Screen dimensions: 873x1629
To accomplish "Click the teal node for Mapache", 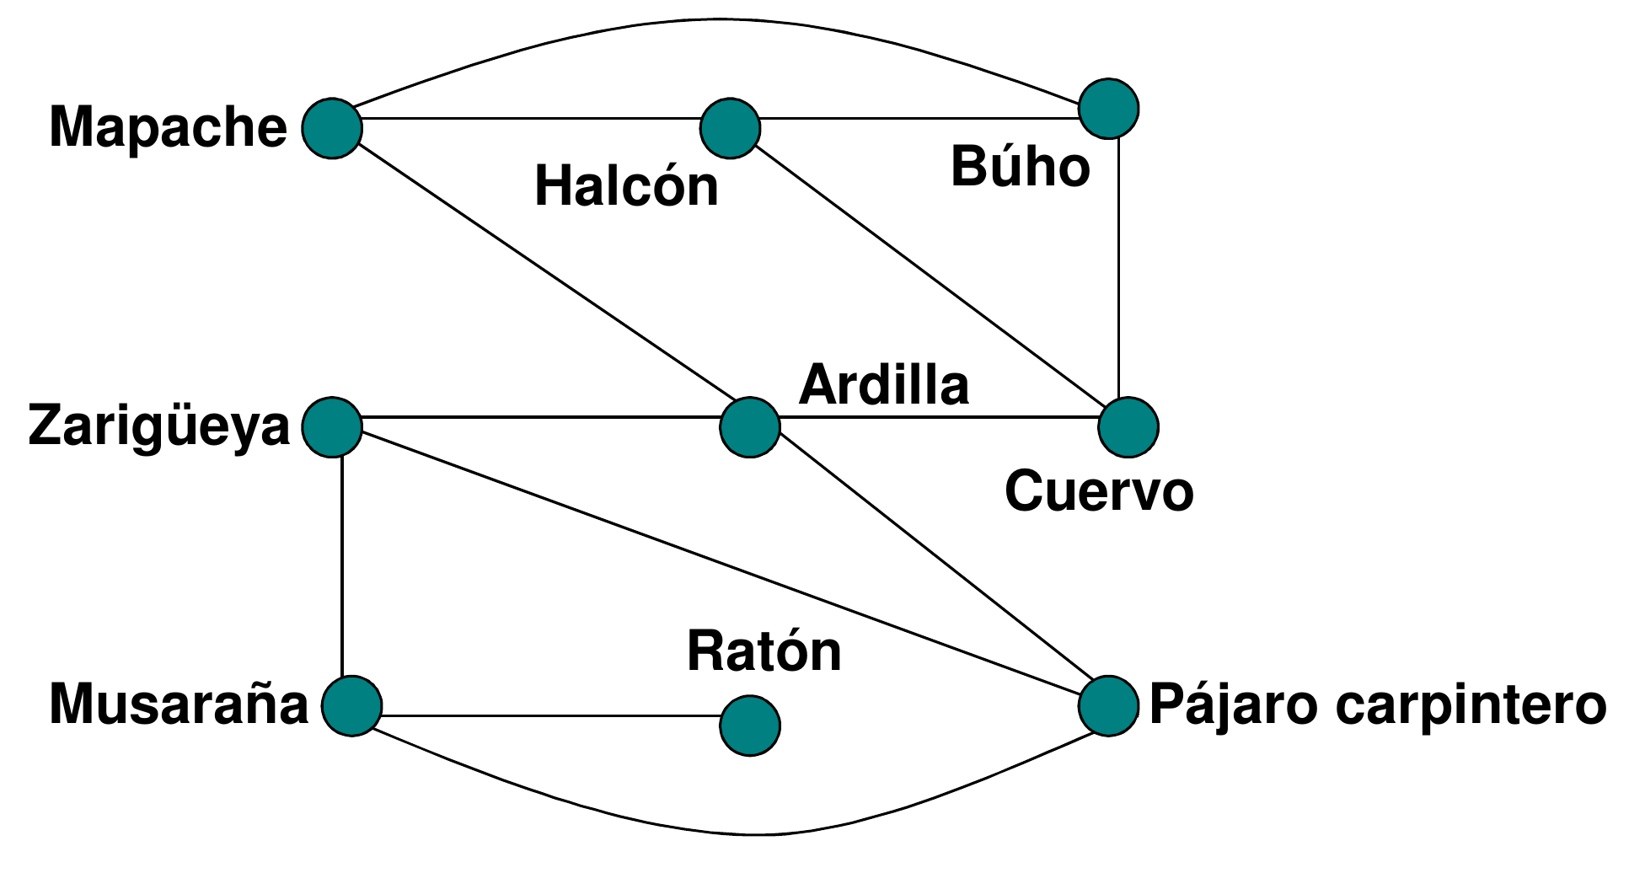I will (332, 128).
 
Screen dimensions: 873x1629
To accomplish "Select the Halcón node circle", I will (730, 128).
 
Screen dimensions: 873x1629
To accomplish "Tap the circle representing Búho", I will (1108, 109).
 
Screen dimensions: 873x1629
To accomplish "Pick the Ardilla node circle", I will (749, 427).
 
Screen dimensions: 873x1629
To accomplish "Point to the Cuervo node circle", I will (1128, 427).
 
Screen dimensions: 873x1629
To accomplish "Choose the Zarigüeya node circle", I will (332, 427).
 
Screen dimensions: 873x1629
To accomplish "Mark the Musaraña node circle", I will (351, 705).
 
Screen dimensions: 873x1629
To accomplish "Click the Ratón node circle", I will (749, 726).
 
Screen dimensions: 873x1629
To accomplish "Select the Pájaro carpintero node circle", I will (1108, 705).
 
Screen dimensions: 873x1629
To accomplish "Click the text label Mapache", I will (168, 128).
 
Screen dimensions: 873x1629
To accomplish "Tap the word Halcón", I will (626, 187).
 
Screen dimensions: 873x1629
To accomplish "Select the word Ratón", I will (764, 651).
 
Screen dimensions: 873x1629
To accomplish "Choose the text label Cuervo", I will (1099, 491).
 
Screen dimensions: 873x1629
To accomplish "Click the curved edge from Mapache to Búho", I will (716, 19).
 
